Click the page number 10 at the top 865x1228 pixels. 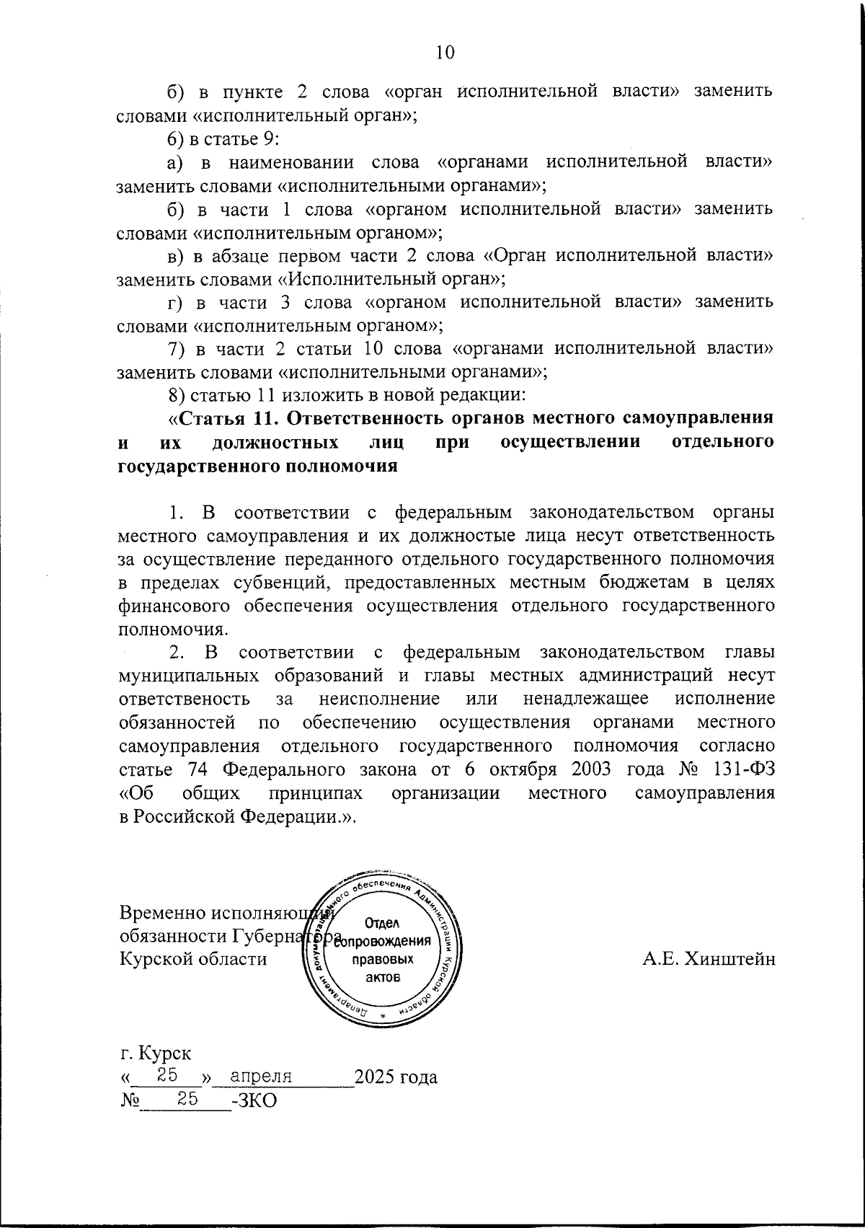445,53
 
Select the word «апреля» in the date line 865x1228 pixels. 260,1077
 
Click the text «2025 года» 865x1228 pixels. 396,1077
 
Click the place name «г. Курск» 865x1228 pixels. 156,1053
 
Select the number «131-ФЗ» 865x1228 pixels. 743,769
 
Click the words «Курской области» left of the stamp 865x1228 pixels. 192,959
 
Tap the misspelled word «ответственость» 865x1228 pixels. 184,699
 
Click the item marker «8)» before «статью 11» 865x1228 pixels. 177,395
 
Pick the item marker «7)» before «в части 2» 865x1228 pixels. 177,348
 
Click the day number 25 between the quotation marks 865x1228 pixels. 168,1076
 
